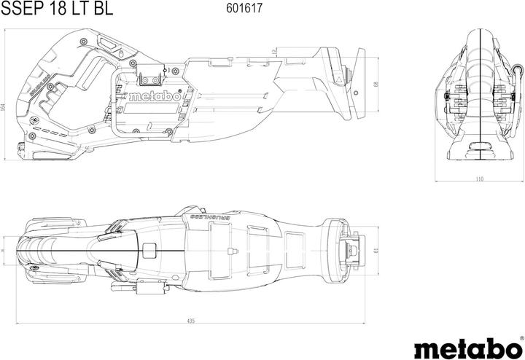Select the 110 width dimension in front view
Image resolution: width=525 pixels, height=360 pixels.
click(479, 179)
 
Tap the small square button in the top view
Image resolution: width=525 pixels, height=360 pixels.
click(150, 251)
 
